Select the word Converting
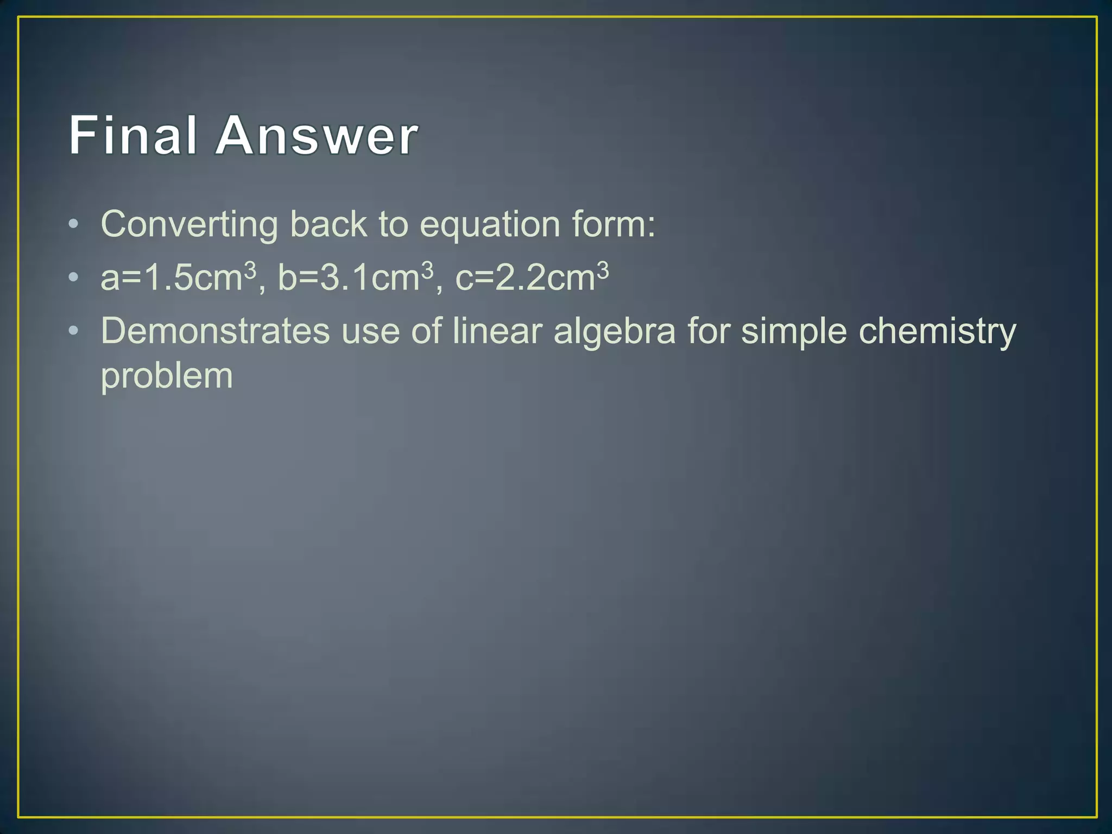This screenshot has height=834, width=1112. click(x=189, y=225)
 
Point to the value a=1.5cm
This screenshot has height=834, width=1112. click(x=171, y=278)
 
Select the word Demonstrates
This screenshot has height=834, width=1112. click(x=215, y=331)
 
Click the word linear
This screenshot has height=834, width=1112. click(x=497, y=331)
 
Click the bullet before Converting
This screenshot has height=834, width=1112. click(x=74, y=224)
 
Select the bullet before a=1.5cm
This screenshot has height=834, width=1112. click(x=74, y=277)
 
